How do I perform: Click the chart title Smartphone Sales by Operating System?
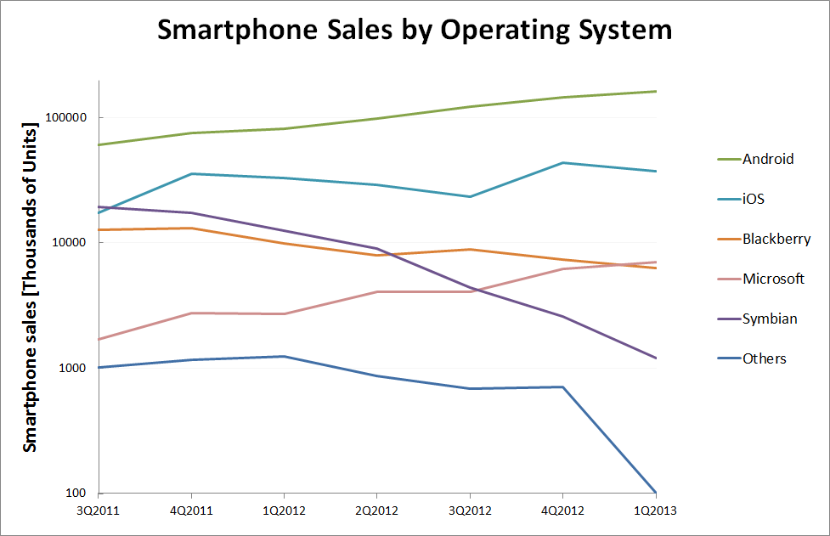[x=415, y=31]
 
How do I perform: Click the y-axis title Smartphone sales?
[x=30, y=287]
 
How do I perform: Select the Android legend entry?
[x=768, y=159]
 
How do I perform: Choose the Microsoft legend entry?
[x=773, y=279]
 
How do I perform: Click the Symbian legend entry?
[x=770, y=319]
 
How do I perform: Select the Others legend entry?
[x=765, y=358]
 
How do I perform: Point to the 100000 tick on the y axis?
[x=72, y=118]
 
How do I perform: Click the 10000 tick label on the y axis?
[x=75, y=243]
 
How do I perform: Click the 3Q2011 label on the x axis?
[x=99, y=510]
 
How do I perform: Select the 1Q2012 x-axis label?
[x=284, y=510]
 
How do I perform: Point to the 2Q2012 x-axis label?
[x=376, y=510]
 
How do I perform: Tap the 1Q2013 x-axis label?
[x=655, y=510]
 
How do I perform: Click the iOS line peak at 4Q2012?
[x=562, y=163]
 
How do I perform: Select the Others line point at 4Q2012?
[x=562, y=387]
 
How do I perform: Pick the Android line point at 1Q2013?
[x=655, y=91]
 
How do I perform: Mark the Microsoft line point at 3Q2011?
[x=99, y=339]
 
